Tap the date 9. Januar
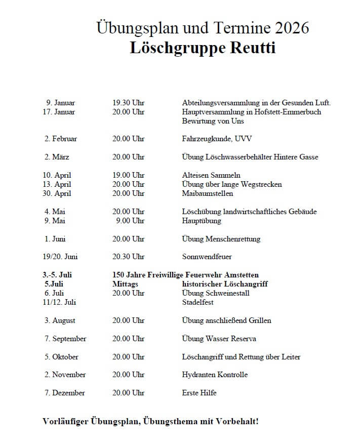(61, 103)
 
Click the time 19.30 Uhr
(128, 103)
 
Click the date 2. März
(57, 157)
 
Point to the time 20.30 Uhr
(128, 257)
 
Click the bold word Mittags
(125, 284)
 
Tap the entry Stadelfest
(197, 302)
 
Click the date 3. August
(60, 320)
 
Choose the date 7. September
(65, 339)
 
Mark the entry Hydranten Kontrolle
(215, 375)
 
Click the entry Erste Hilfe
(199, 393)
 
